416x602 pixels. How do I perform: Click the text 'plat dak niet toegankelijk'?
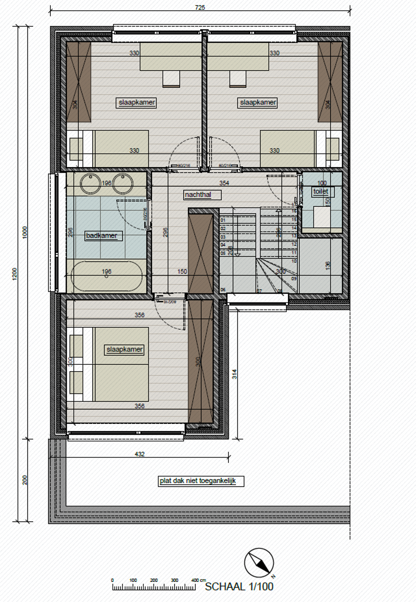point(201,481)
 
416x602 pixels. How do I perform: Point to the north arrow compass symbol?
point(259,562)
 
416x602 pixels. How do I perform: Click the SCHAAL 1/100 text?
point(239,586)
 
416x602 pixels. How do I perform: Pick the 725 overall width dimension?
point(200,8)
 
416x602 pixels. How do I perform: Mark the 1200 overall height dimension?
point(15,273)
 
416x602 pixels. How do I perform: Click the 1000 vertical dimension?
point(25,232)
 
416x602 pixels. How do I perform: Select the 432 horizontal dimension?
point(140,454)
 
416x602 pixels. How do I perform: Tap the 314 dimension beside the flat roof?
point(234,373)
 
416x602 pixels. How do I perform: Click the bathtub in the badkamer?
point(106,275)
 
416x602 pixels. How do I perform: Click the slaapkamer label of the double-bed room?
point(124,349)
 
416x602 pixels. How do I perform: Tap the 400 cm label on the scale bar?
point(195,580)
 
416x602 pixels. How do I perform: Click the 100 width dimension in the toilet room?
point(322,183)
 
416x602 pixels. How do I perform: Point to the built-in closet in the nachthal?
point(201,253)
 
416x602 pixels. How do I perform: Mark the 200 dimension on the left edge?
point(25,480)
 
